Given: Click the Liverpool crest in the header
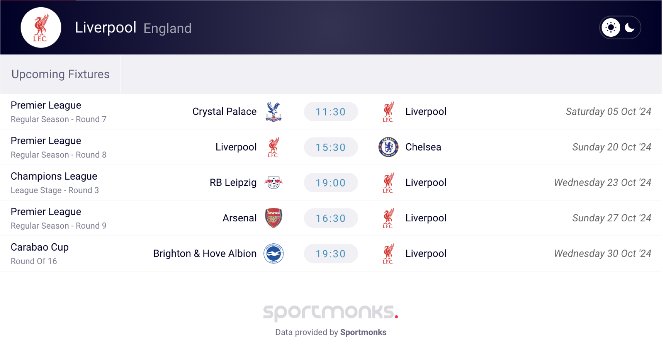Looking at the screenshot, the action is click(x=41, y=27).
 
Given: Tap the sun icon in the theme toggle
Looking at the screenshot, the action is click(x=611, y=27).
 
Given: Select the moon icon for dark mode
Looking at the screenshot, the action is click(x=630, y=27).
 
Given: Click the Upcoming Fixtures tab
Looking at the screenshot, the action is click(x=60, y=74).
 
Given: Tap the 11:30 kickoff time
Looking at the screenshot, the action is click(x=331, y=112).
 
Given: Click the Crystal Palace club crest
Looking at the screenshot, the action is click(x=273, y=111).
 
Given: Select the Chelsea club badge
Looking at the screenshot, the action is click(x=388, y=147).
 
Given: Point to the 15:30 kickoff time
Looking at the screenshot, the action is click(x=331, y=147).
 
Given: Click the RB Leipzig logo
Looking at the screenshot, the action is click(x=273, y=183).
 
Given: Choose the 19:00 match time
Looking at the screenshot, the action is click(x=331, y=183).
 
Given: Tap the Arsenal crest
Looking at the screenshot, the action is click(x=273, y=218).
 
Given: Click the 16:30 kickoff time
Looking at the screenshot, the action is click(x=331, y=218).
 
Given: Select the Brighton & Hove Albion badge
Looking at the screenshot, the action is click(x=273, y=253).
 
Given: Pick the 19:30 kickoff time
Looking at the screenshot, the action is click(x=331, y=253).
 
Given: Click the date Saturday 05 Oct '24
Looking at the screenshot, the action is click(x=608, y=112).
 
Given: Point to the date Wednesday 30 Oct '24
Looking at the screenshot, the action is click(x=603, y=253).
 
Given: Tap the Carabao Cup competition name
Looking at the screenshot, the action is click(x=40, y=247).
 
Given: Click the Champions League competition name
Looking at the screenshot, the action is click(x=54, y=176).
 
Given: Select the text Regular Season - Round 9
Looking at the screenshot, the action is click(x=59, y=226).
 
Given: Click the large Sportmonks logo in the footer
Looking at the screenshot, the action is click(x=331, y=312).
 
